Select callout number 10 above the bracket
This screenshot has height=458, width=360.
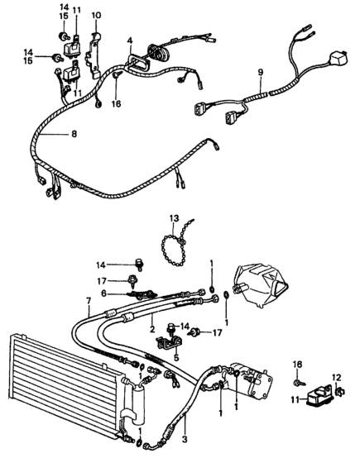(x=96, y=16)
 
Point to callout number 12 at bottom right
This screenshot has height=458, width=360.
(x=335, y=378)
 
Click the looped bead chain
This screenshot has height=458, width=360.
(x=175, y=252)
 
